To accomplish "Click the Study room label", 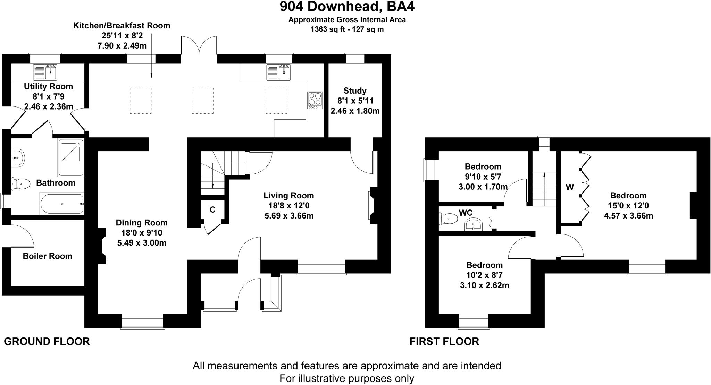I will (355, 91).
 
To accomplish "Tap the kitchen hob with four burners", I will (315, 100).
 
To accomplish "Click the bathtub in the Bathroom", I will (61, 204).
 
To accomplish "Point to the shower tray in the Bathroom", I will (71, 157).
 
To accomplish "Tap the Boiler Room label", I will (48, 256).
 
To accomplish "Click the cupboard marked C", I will (212, 210).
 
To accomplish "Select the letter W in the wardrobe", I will (570, 188).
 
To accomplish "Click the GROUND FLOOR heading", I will (47, 342).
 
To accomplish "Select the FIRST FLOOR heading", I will (444, 342).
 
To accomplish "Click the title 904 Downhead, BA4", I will (347, 7).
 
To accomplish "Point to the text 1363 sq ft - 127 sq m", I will (347, 29).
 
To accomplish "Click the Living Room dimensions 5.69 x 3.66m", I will (288, 216).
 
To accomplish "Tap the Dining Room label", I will (142, 223).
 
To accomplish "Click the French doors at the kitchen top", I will (199, 46).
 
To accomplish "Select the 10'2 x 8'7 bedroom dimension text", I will (484, 275).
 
